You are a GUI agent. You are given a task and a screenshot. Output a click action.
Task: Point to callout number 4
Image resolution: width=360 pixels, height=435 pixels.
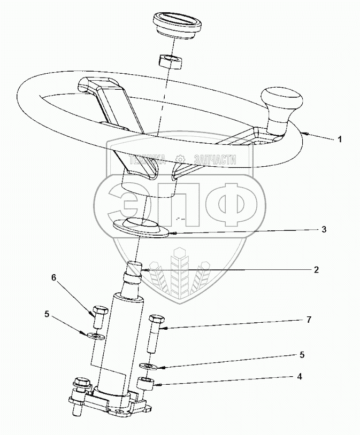coord(315,377)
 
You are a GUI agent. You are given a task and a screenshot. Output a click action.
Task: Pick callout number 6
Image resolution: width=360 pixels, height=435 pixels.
coord(53,278)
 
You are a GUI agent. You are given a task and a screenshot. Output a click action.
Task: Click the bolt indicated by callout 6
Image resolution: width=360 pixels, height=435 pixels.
coord(98,317)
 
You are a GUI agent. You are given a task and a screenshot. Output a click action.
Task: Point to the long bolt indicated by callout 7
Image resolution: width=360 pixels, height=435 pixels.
coord(155,331)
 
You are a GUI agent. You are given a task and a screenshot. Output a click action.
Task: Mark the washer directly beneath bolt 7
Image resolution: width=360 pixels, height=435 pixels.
coord(149,366)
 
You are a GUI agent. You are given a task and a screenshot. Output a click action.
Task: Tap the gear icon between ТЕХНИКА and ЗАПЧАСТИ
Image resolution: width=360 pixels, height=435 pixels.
coord(181,159)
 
